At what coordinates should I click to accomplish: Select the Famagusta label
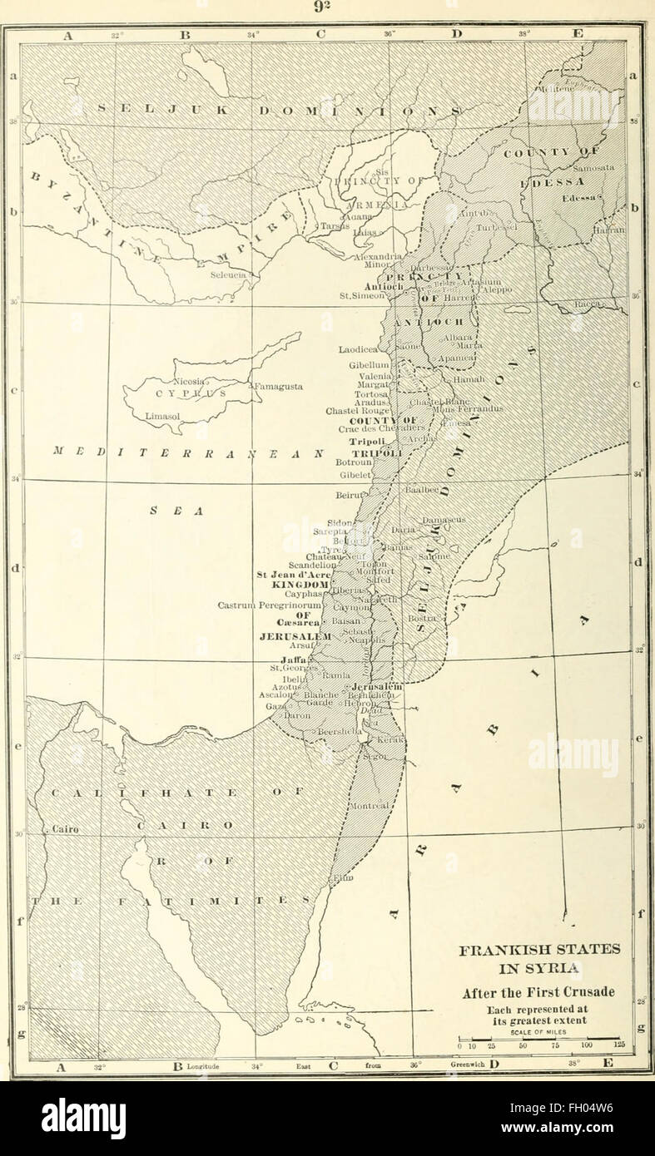click(280, 387)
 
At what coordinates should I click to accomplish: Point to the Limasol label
click(162, 414)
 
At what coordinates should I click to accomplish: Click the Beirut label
click(350, 495)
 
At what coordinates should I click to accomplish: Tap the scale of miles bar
click(538, 1039)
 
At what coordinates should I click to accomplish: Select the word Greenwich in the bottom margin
click(467, 1064)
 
